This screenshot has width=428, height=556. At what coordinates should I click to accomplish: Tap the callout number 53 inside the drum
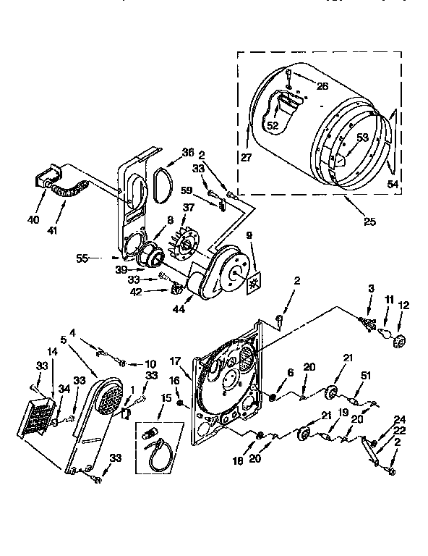361,137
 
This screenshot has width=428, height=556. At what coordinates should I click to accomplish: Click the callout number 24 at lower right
398,418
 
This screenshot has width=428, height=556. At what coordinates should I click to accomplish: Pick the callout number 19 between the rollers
343,413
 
